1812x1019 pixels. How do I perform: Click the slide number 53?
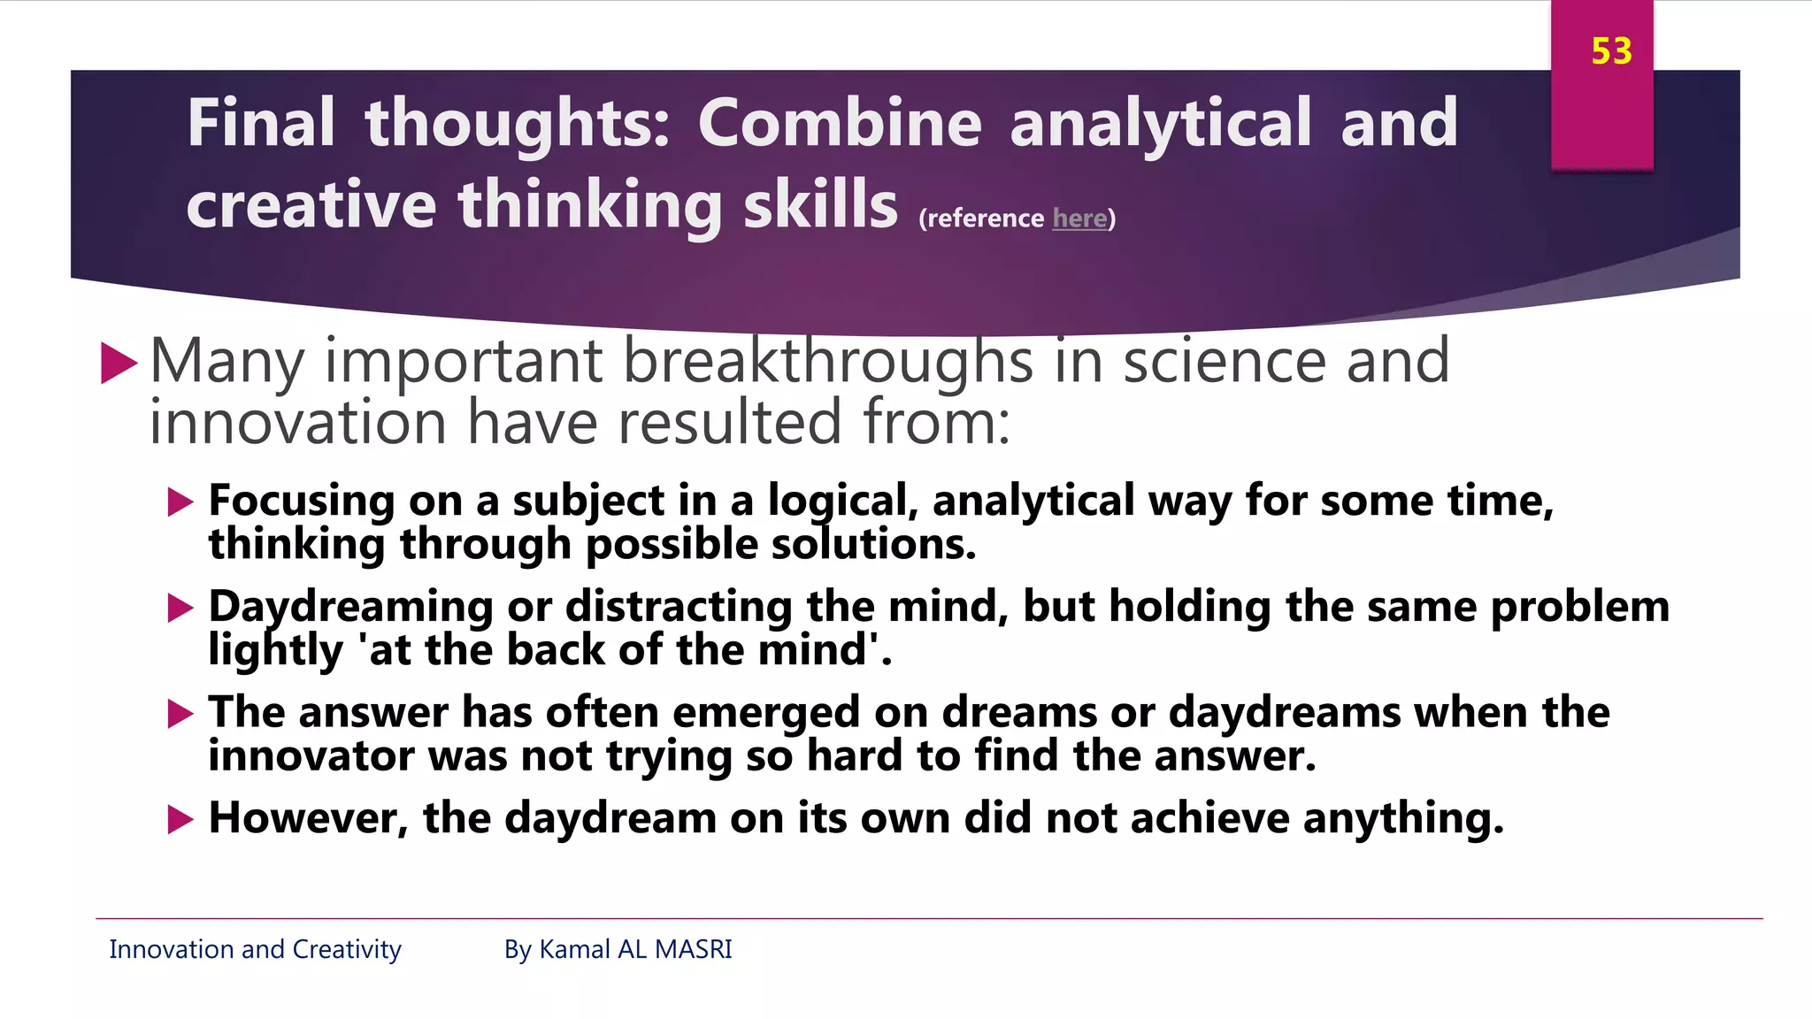(1610, 51)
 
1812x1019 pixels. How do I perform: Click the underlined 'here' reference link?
(1079, 218)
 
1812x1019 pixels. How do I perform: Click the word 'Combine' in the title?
(839, 123)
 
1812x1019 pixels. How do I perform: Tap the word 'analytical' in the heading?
(1160, 123)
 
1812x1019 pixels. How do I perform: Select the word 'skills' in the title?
(820, 204)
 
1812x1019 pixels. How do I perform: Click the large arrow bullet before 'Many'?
(119, 364)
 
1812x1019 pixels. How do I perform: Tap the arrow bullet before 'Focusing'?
(180, 502)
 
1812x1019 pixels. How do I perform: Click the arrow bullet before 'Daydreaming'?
(180, 608)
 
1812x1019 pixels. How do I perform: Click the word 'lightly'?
(275, 651)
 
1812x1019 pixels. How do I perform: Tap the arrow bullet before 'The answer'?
(180, 714)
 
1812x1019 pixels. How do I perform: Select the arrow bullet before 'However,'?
(180, 819)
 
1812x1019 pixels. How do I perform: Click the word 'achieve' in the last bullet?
(1209, 818)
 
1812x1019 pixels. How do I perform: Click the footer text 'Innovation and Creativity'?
(255, 949)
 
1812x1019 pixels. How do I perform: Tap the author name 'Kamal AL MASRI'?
(635, 949)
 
